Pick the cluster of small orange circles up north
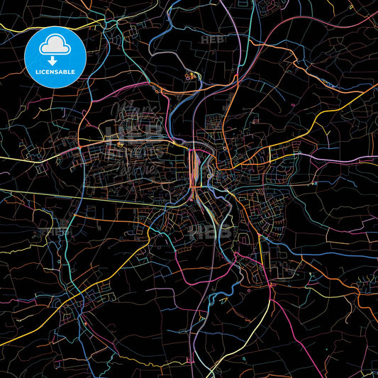point(190,75)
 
